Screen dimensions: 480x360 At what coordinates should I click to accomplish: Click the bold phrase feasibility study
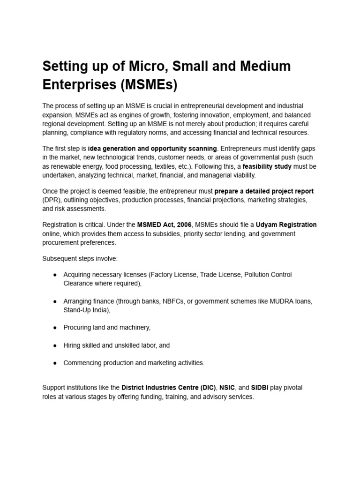coord(267,166)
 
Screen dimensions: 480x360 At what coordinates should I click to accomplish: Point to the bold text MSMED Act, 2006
coord(164,225)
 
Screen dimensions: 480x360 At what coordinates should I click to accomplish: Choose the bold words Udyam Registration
coord(286,225)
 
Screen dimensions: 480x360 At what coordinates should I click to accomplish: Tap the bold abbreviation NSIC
coord(228,388)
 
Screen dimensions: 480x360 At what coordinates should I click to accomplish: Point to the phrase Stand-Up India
coord(87,310)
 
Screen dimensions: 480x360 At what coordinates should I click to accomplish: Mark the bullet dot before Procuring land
coord(55,328)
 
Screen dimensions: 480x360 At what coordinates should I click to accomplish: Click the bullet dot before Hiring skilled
coord(55,345)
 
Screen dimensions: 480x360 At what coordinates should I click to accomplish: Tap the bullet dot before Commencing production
coord(55,363)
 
